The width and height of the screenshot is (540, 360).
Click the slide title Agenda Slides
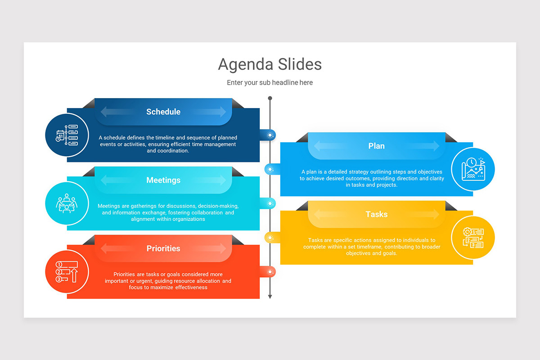pyautogui.click(x=270, y=64)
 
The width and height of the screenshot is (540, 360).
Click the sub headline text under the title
pyautogui.click(x=270, y=83)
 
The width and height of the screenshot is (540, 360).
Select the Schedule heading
pyautogui.click(x=163, y=112)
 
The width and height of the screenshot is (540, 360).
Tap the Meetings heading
pyautogui.click(x=163, y=180)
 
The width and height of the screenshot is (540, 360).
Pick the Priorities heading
pyautogui.click(x=163, y=248)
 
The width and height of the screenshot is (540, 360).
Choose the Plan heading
pyautogui.click(x=376, y=146)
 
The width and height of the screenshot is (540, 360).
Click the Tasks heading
pyautogui.click(x=376, y=214)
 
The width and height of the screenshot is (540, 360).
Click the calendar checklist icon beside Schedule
pyautogui.click(x=67, y=135)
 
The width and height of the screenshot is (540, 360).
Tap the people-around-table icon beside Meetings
pyautogui.click(x=67, y=203)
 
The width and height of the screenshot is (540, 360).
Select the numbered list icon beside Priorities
pyautogui.click(x=67, y=272)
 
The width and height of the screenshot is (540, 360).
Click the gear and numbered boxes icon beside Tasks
pyautogui.click(x=473, y=238)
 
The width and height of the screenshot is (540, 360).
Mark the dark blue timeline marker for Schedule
pyautogui.click(x=270, y=135)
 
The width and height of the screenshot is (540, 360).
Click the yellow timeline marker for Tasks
pyautogui.click(x=270, y=238)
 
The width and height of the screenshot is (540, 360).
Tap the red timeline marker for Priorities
pyautogui.click(x=270, y=272)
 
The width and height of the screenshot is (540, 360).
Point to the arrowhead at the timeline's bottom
pyautogui.click(x=270, y=296)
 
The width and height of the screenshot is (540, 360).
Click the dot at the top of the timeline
pyautogui.click(x=270, y=98)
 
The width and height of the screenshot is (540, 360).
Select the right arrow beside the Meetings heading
pyautogui.click(x=215, y=180)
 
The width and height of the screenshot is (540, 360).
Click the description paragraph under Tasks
pyautogui.click(x=372, y=247)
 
